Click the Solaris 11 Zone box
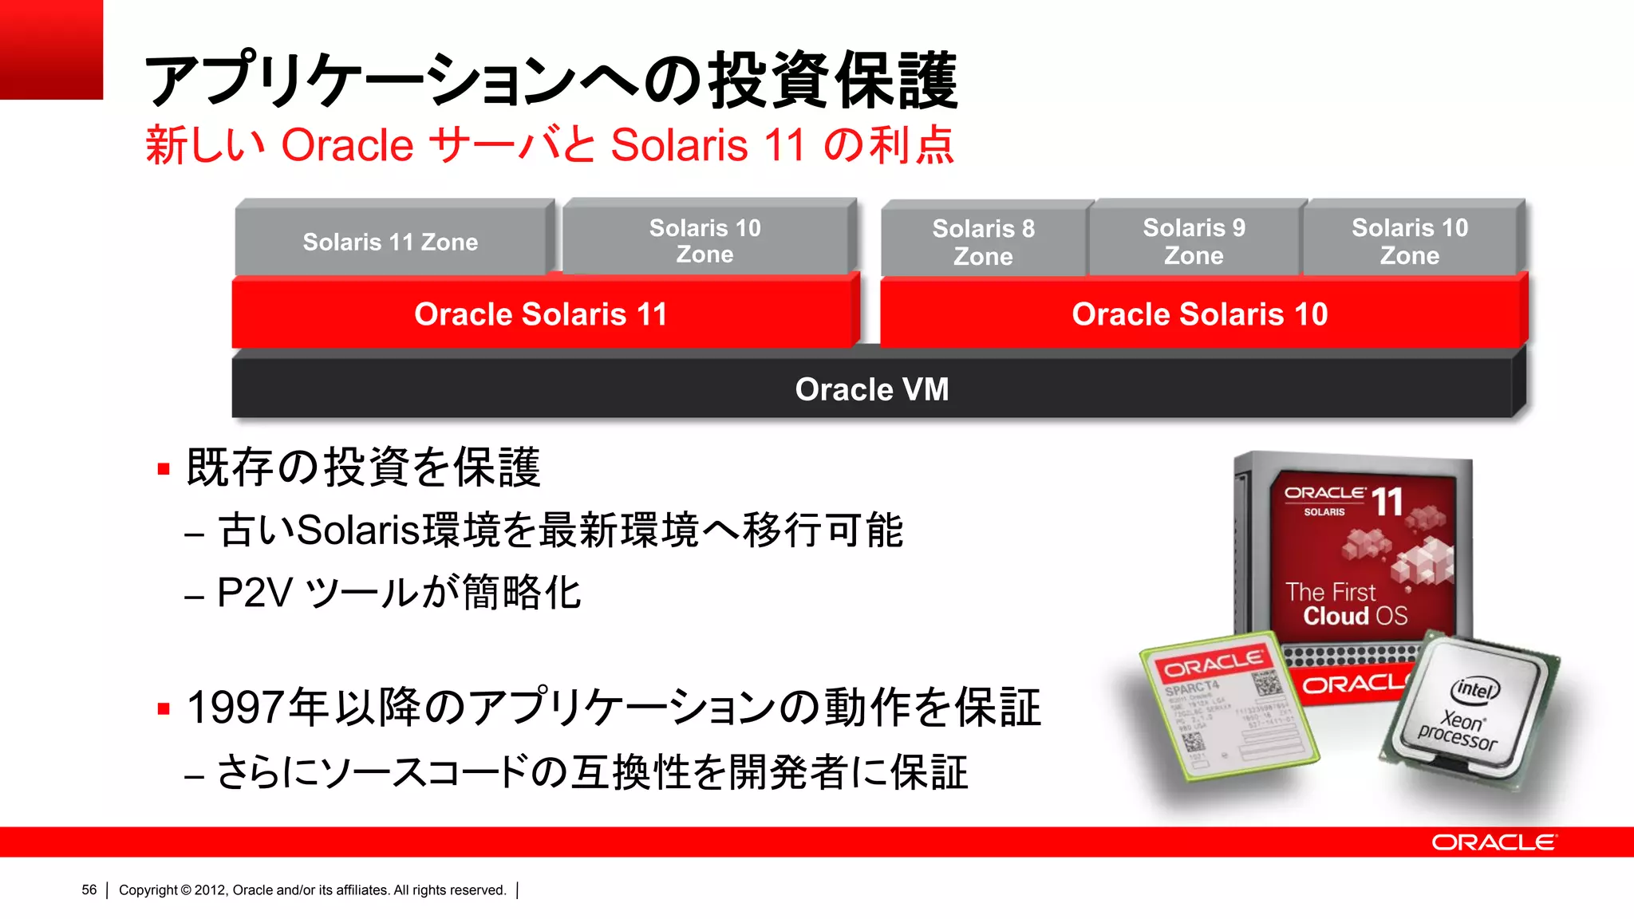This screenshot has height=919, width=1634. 390,242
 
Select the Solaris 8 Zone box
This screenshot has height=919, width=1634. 983,242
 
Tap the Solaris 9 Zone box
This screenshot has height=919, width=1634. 1194,241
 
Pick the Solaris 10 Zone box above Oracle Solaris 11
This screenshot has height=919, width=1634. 705,240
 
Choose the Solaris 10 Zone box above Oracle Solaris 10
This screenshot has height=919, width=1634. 1410,241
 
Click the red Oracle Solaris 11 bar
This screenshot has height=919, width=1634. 541,314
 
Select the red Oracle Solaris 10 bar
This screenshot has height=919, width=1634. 1200,314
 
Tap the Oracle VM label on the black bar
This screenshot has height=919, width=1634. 872,389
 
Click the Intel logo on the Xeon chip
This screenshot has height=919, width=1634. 1475,688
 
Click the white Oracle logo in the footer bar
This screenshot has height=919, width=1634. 1493,842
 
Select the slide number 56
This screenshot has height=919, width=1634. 89,890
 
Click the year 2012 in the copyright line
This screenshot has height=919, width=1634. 210,890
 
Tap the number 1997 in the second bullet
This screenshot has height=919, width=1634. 236,708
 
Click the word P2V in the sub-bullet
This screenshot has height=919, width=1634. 255,593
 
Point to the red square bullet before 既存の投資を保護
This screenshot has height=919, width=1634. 164,469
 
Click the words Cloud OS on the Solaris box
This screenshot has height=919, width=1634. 1355,616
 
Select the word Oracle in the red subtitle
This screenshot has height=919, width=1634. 347,145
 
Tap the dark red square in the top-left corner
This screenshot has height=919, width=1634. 51,49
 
